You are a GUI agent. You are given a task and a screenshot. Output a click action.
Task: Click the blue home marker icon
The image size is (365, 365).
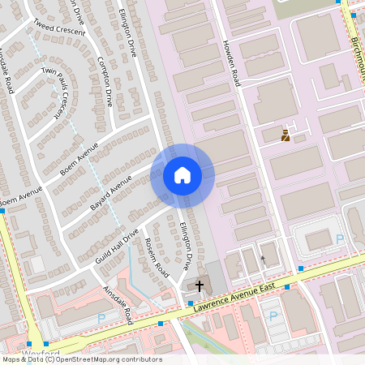182,175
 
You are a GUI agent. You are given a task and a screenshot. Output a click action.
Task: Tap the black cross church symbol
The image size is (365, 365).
199,286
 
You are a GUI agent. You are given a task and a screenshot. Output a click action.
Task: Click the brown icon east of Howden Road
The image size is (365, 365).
286,135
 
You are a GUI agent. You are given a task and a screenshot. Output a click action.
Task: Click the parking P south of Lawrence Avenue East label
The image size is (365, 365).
273,316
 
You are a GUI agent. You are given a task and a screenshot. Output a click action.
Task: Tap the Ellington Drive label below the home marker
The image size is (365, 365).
186,246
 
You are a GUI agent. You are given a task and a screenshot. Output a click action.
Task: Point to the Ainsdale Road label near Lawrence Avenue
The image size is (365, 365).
118,305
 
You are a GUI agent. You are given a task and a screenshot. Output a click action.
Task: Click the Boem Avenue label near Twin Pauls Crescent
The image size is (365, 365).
79,160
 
